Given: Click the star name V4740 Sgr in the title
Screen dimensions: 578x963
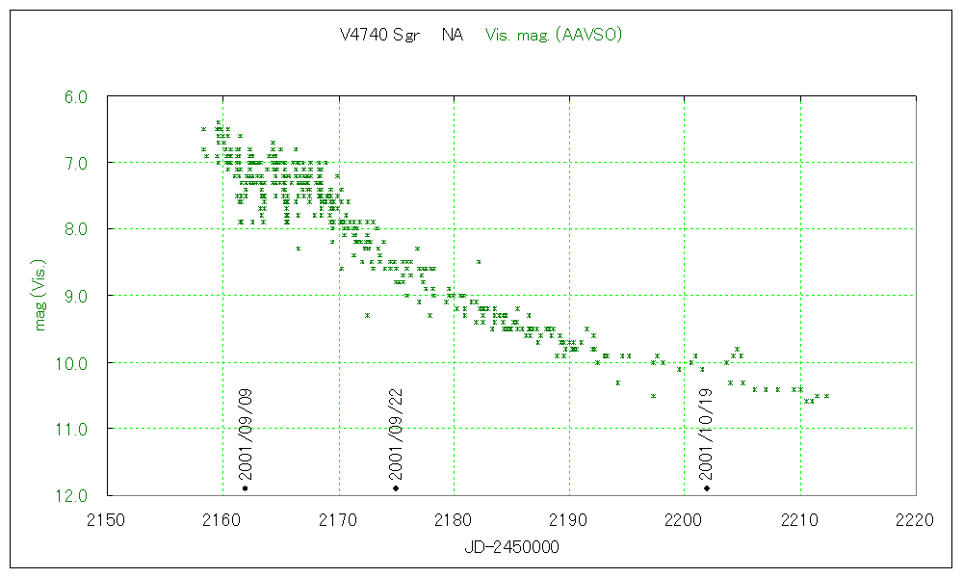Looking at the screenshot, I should [377, 36].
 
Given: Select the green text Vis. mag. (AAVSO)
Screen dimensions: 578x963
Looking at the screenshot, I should [555, 36].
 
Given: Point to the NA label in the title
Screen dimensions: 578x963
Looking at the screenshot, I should [452, 36].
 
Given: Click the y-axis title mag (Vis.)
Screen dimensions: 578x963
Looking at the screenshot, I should [40, 295].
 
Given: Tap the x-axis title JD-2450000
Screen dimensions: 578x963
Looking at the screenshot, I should [510, 546].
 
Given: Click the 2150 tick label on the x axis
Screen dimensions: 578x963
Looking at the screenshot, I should [107, 519].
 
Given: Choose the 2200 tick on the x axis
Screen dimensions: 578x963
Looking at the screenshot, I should [684, 519].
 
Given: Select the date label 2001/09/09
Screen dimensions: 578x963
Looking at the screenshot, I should [246, 433].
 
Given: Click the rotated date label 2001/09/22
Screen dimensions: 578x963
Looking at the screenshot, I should [396, 433].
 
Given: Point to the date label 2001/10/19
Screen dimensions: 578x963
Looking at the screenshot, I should [707, 433].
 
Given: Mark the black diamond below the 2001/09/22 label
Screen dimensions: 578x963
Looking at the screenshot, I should [396, 488].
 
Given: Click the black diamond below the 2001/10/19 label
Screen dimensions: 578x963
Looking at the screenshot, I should [707, 488].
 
